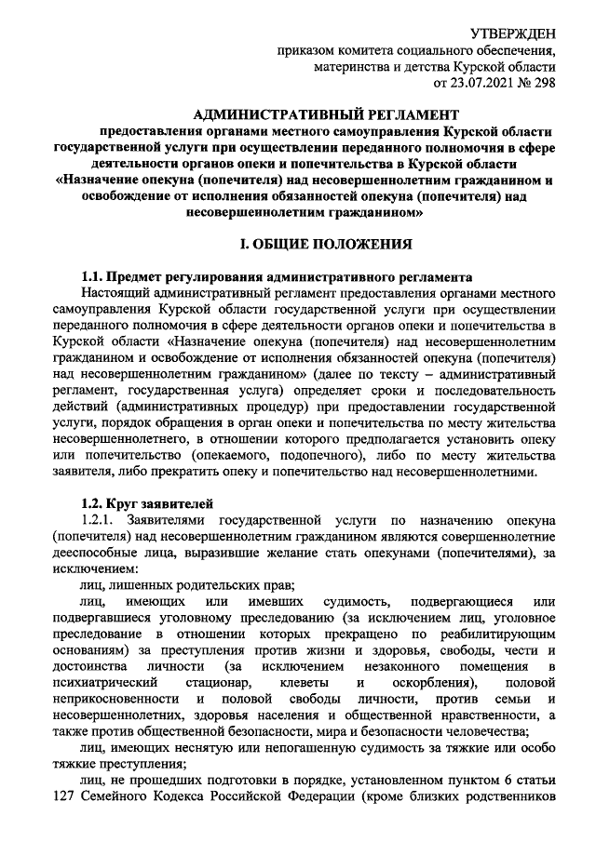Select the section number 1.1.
pyautogui.click(x=94, y=276)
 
